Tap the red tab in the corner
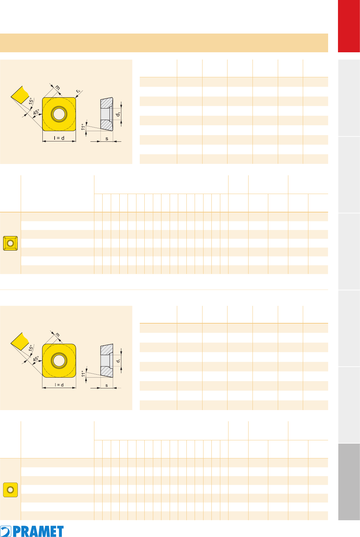[x=349, y=26]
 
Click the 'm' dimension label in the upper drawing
[x=58, y=88]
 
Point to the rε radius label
[x=78, y=91]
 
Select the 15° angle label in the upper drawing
[x=31, y=101]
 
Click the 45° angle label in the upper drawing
[x=36, y=112]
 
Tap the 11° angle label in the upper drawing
[x=83, y=127]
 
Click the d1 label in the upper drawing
[x=118, y=114]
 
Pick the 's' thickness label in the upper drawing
[x=107, y=138]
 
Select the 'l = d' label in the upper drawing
[x=59, y=138]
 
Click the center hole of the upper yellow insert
[x=59, y=114]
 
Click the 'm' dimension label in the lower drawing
[x=58, y=334]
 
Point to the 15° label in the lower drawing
[x=31, y=348]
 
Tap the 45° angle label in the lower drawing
[x=36, y=359]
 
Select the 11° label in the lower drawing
[x=83, y=374]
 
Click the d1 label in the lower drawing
[x=118, y=360]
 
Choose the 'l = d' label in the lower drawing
[x=59, y=385]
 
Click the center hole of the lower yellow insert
[x=59, y=360]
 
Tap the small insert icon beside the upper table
[x=10, y=243]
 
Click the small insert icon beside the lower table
[x=10, y=490]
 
